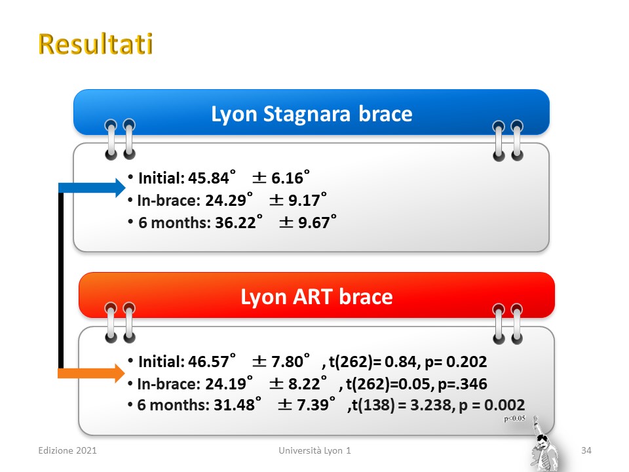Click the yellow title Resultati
click(96, 44)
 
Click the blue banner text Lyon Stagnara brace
click(312, 114)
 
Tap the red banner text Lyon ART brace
click(316, 297)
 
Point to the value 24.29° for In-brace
click(229, 200)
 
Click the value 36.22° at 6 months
click(238, 222)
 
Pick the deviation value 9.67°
click(317, 222)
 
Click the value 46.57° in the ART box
click(212, 361)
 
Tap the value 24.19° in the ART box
click(229, 383)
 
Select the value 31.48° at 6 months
click(237, 404)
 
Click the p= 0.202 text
click(456, 362)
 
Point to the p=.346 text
click(462, 384)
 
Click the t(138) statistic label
click(373, 405)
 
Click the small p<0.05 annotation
click(515, 419)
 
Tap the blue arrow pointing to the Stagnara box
click(92, 187)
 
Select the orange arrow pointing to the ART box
click(92, 374)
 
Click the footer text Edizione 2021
click(67, 450)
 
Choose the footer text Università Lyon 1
click(315, 450)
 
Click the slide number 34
click(586, 450)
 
